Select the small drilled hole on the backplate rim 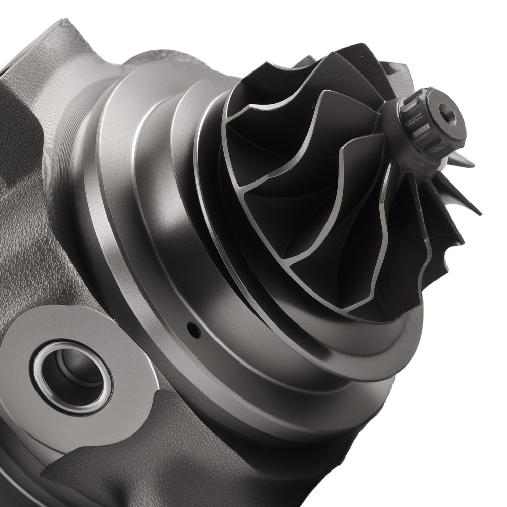tap(194, 330)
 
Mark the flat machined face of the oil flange tap(122, 345)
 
